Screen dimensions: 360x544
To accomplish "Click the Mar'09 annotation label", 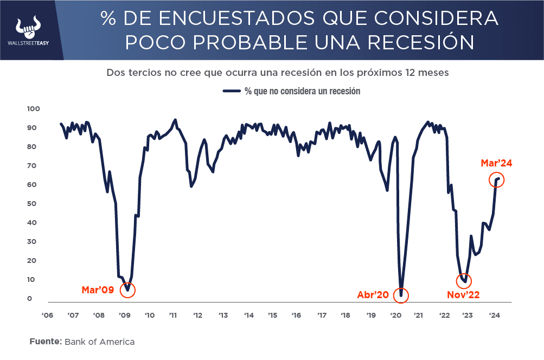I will pos(98,290).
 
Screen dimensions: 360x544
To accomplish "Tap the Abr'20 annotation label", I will pos(373,295).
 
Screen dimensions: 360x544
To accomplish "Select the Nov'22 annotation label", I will pos(463,295).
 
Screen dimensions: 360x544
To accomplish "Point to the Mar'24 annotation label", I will pos(496,163).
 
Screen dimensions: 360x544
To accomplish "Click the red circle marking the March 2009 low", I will pos(127,290).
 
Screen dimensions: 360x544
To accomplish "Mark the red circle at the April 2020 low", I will pos(401,295).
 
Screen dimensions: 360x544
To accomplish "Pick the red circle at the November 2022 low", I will pos(464,281).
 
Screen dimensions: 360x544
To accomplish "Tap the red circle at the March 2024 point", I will pos(497,179).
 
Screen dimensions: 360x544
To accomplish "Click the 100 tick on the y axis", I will pos(34,109).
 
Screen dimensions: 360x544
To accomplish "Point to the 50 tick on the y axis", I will pos(34,204).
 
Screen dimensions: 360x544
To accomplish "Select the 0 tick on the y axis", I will pos(30,299).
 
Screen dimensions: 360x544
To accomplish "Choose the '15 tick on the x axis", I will pos(272,315).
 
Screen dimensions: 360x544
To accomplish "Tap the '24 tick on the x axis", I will pos(495,315).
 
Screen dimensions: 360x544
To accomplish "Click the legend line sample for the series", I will pos(232,91).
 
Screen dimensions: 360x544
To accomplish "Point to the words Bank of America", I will pos(99,342).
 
